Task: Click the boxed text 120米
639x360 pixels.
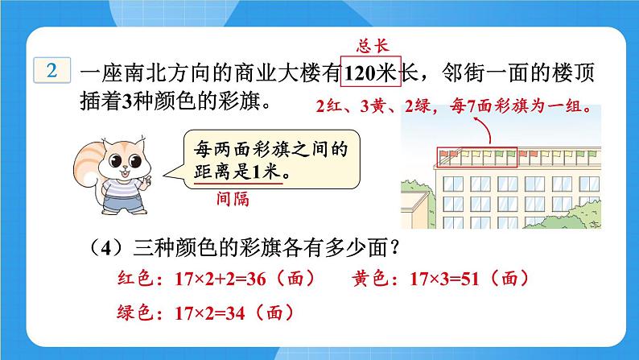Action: (371, 74)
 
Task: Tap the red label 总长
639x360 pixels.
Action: (372, 45)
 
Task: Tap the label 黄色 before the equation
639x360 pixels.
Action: (369, 280)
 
